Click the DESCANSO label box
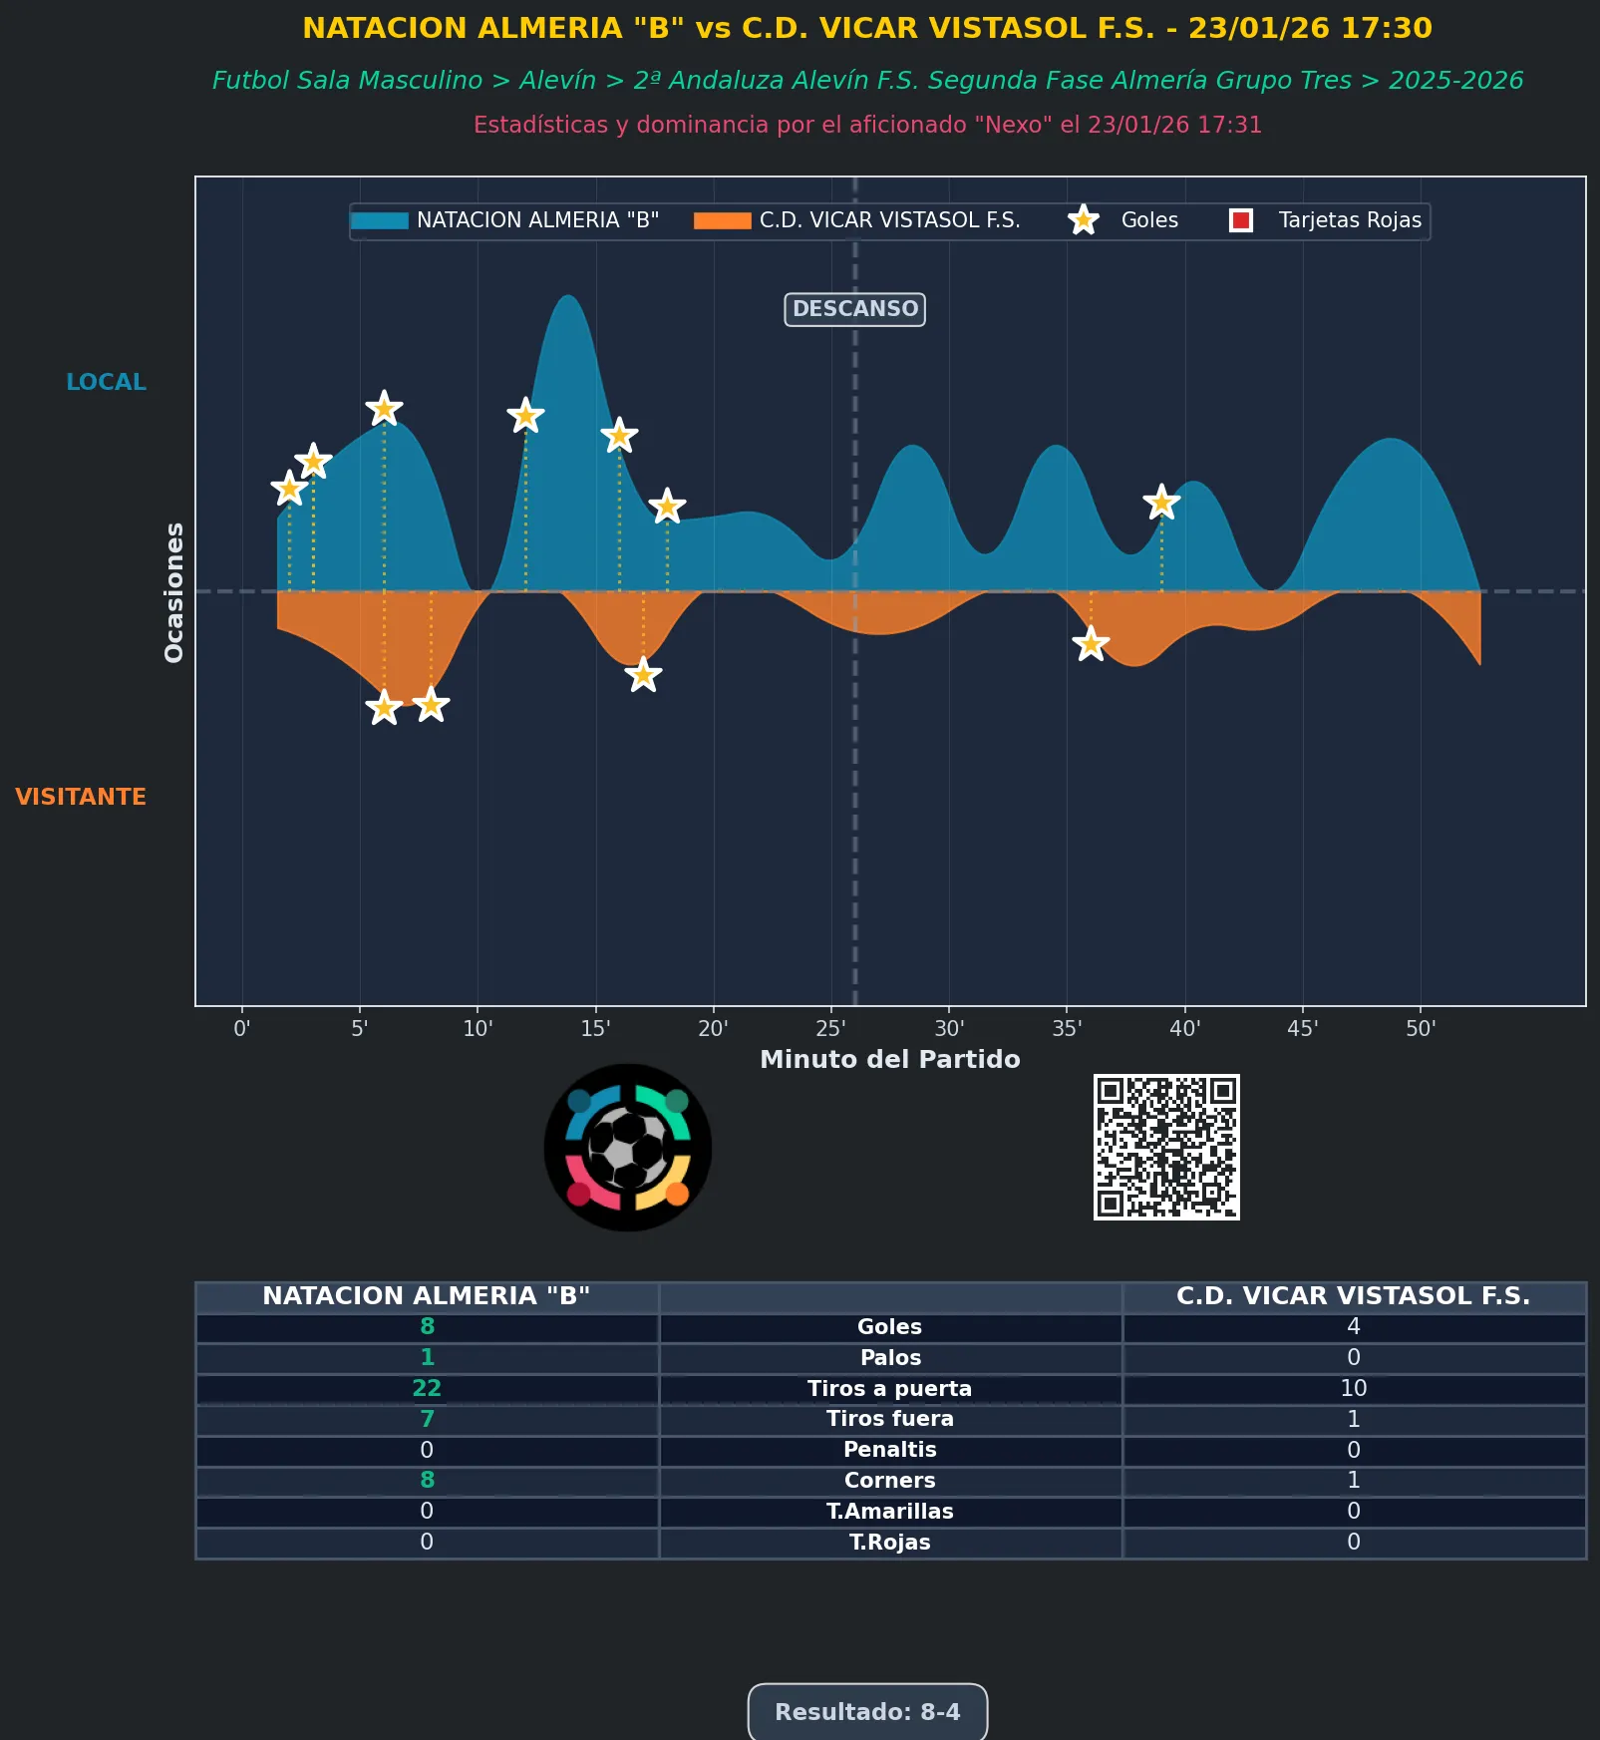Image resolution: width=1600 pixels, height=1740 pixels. [854, 309]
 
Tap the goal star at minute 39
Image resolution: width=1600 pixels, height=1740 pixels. [1161, 503]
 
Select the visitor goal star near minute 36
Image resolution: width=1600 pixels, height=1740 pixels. [1091, 644]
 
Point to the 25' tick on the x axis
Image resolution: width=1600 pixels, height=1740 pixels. [830, 1028]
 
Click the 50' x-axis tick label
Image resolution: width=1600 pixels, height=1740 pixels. [1421, 1028]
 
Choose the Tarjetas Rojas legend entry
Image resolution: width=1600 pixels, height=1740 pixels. [1327, 220]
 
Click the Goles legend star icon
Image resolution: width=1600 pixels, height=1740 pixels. [1084, 220]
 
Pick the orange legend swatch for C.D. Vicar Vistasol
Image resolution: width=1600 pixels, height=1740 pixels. [722, 220]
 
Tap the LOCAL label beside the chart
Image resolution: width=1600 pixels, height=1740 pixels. [106, 382]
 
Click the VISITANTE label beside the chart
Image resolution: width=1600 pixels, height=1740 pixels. [81, 797]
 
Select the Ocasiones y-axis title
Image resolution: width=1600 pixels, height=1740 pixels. [174, 592]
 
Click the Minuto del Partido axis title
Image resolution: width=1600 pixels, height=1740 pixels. [889, 1059]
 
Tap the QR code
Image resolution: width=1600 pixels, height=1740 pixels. [1166, 1147]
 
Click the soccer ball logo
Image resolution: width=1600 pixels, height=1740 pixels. [627, 1148]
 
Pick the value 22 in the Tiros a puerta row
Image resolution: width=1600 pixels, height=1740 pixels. [427, 1388]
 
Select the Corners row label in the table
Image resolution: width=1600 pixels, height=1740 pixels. [889, 1481]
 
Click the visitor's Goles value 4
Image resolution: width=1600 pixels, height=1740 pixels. [1353, 1326]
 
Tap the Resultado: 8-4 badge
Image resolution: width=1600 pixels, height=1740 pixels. [867, 1712]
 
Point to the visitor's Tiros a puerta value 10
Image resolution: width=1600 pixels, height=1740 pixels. [1353, 1388]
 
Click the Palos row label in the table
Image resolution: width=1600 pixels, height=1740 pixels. [889, 1357]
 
